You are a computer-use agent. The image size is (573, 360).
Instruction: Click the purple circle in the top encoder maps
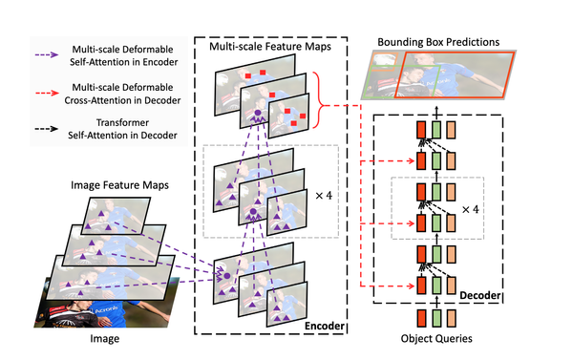click(x=256, y=116)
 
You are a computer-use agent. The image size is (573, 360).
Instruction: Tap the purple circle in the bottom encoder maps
click(x=227, y=276)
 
